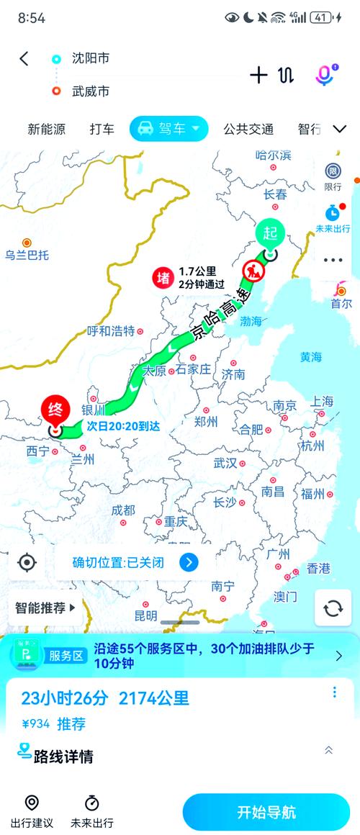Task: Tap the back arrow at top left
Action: click(24, 59)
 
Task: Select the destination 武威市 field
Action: click(91, 91)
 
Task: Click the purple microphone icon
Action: click(325, 75)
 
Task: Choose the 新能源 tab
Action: click(47, 130)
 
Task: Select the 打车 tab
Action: click(102, 130)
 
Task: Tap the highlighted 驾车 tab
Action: click(168, 129)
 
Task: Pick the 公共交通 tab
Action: click(248, 130)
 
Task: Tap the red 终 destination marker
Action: click(55, 411)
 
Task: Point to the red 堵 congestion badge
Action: click(162, 278)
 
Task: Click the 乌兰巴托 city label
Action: click(27, 254)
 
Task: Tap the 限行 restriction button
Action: click(333, 176)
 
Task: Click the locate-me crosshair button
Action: click(27, 562)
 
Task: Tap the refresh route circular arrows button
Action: click(333, 608)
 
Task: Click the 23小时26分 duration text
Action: click(65, 698)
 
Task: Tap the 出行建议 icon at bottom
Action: click(32, 811)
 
